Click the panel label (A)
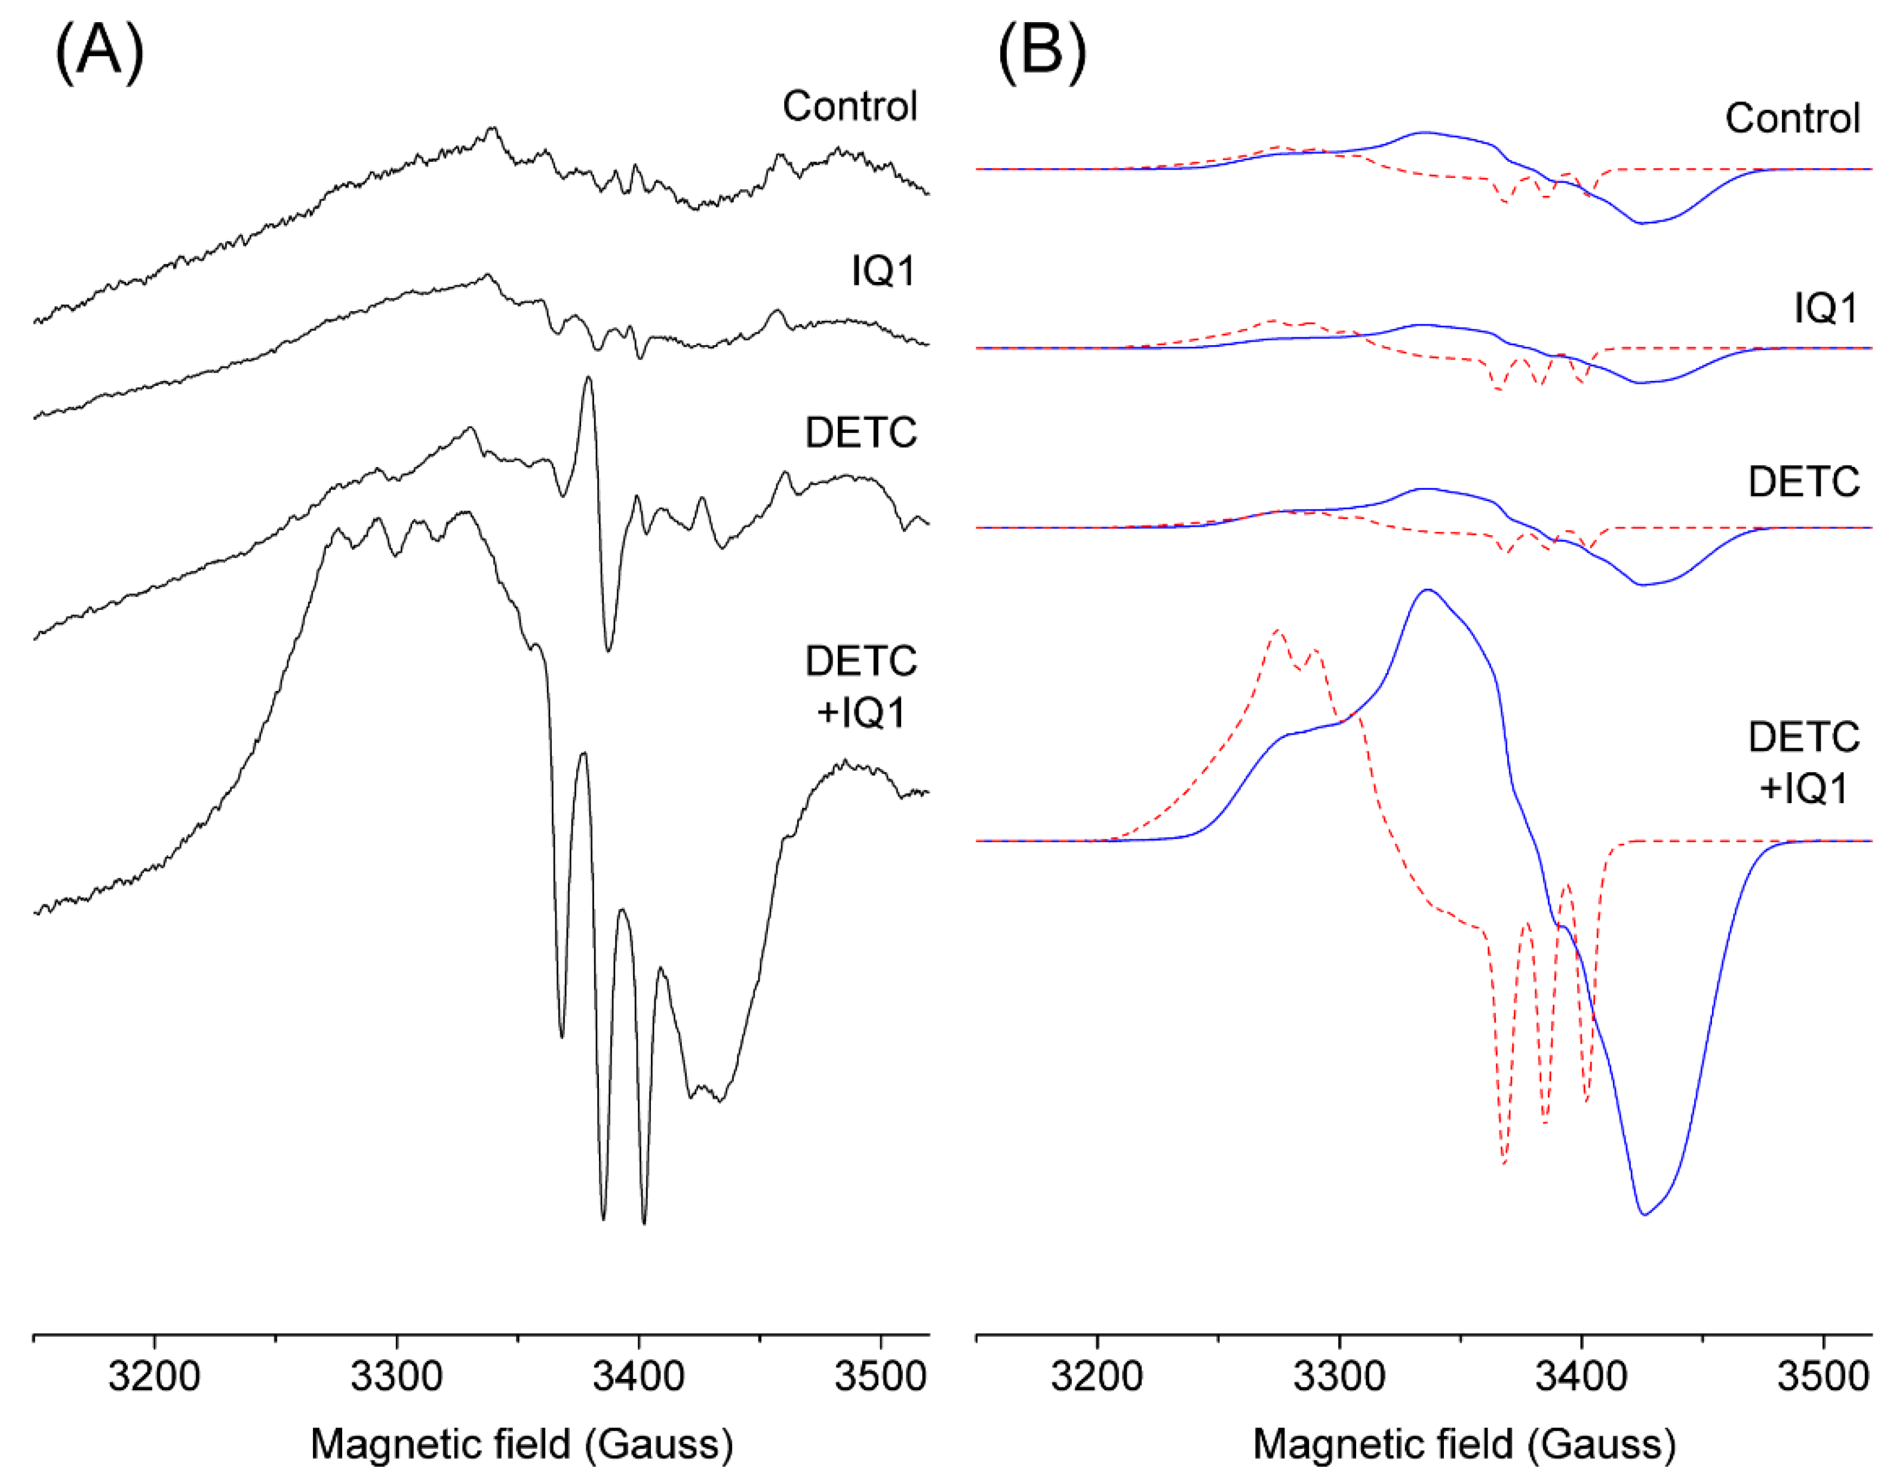tap(99, 52)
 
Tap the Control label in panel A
tap(849, 107)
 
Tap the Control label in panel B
tap(1791, 119)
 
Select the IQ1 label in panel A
tap(883, 271)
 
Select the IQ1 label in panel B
tap(1825, 309)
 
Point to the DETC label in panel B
tap(1803, 482)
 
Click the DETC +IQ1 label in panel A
tap(860, 687)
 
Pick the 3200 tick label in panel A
tap(154, 1377)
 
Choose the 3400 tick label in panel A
tap(639, 1377)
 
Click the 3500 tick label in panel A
tap(881, 1377)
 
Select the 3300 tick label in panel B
tap(1339, 1377)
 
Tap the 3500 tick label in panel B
tap(1823, 1377)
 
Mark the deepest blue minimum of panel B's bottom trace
tap(1644, 1214)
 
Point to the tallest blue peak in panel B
tap(1427, 591)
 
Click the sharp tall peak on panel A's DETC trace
tap(589, 379)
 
